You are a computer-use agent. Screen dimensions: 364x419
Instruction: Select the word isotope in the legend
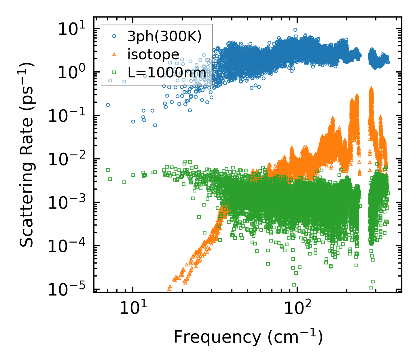153,54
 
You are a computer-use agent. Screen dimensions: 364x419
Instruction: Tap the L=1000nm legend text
167,73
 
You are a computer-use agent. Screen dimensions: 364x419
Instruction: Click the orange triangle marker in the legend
114,54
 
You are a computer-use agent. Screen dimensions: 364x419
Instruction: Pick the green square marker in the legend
114,72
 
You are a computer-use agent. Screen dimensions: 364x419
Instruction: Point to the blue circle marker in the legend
114,36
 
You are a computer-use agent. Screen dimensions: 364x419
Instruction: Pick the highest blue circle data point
295,30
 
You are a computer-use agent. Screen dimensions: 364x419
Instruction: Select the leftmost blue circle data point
108,105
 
